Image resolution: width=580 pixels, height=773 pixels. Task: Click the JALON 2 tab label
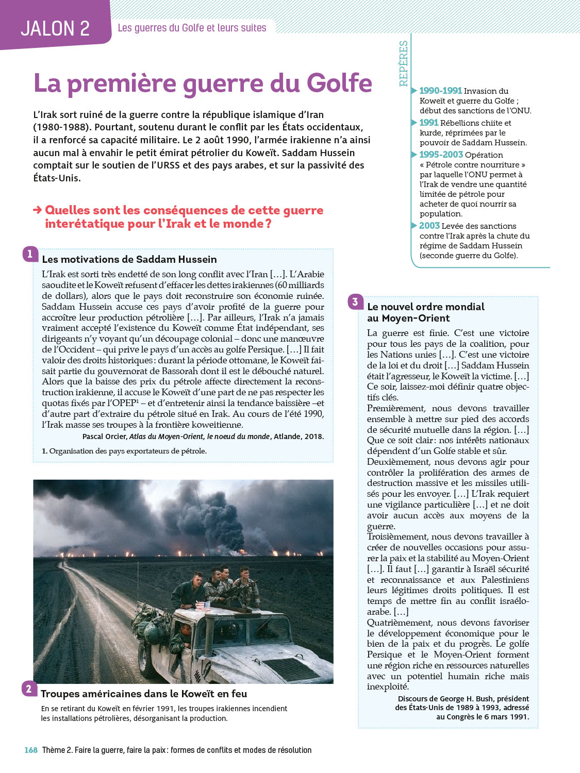click(x=55, y=28)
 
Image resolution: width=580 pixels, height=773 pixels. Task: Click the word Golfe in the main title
click(x=339, y=83)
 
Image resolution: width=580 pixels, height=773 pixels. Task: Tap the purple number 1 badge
click(x=30, y=254)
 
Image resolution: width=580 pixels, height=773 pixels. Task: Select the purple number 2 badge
click(x=29, y=688)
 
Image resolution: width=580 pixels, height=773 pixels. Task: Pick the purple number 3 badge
click(x=355, y=301)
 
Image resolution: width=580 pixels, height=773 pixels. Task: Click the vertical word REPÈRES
click(x=403, y=63)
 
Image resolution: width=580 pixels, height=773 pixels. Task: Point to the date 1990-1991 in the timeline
click(x=440, y=91)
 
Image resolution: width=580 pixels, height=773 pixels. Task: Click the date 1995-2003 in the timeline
click(x=441, y=155)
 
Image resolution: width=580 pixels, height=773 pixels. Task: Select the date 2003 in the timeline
click(x=429, y=226)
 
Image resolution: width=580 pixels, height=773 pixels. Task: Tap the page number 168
click(x=31, y=750)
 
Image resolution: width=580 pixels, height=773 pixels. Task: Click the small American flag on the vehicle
click(x=203, y=606)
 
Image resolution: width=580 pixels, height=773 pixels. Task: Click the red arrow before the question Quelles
click(x=37, y=210)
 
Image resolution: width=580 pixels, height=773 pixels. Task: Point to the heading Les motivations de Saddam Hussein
click(x=129, y=259)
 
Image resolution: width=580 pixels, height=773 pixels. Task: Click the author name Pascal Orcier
click(x=104, y=436)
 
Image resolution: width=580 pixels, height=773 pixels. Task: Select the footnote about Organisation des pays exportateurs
click(x=124, y=451)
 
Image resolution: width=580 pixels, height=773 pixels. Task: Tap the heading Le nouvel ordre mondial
click(x=425, y=307)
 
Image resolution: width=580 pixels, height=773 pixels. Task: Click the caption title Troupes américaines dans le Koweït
click(x=144, y=694)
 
